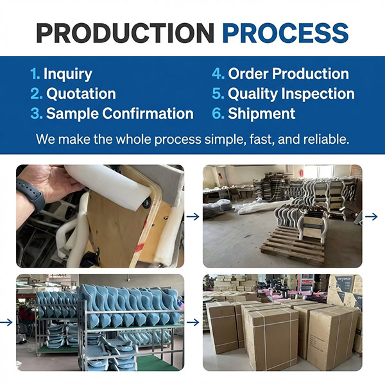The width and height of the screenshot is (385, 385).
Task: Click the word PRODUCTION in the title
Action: [x=125, y=33]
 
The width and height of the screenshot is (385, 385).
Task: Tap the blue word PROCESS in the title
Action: [x=286, y=33]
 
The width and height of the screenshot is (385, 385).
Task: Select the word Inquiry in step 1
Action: [x=68, y=74]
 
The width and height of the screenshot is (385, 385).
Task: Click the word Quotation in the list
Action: [x=81, y=94]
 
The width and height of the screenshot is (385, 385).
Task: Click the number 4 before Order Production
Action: [x=218, y=73]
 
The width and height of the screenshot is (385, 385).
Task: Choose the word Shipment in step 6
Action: [x=262, y=114]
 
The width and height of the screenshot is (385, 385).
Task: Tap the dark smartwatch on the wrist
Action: [x=32, y=194]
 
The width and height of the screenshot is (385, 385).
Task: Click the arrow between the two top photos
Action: [x=193, y=217]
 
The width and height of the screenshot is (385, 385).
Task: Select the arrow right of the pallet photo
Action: [x=372, y=217]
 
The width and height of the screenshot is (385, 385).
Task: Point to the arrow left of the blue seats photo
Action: [x=6, y=322]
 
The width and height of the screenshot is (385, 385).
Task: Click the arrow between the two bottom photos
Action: [x=193, y=322]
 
